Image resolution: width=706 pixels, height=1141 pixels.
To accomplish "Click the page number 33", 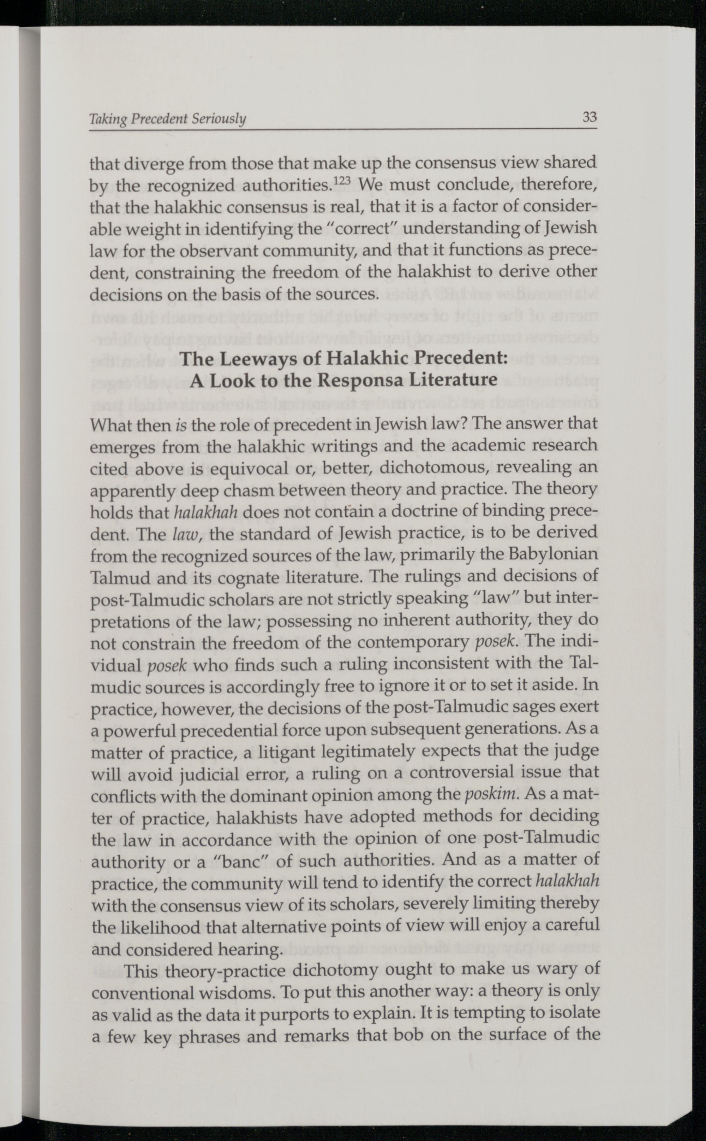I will [x=589, y=117].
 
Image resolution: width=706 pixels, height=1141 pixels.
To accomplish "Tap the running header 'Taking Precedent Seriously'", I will [x=167, y=120].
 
